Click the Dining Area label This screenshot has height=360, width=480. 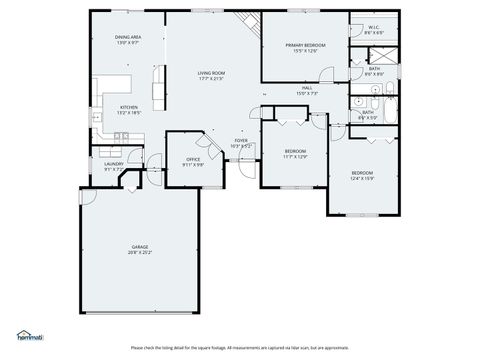click(x=128, y=37)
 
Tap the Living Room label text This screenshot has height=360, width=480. click(x=211, y=73)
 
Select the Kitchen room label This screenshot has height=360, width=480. click(x=129, y=107)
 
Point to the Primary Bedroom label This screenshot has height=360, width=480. click(x=303, y=45)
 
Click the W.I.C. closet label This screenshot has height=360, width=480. click(x=372, y=27)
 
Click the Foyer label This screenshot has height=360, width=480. click(x=241, y=140)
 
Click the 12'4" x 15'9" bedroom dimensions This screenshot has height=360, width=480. click(x=361, y=179)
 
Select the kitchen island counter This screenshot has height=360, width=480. click(x=158, y=88)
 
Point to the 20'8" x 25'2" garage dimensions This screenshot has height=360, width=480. click(x=140, y=253)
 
